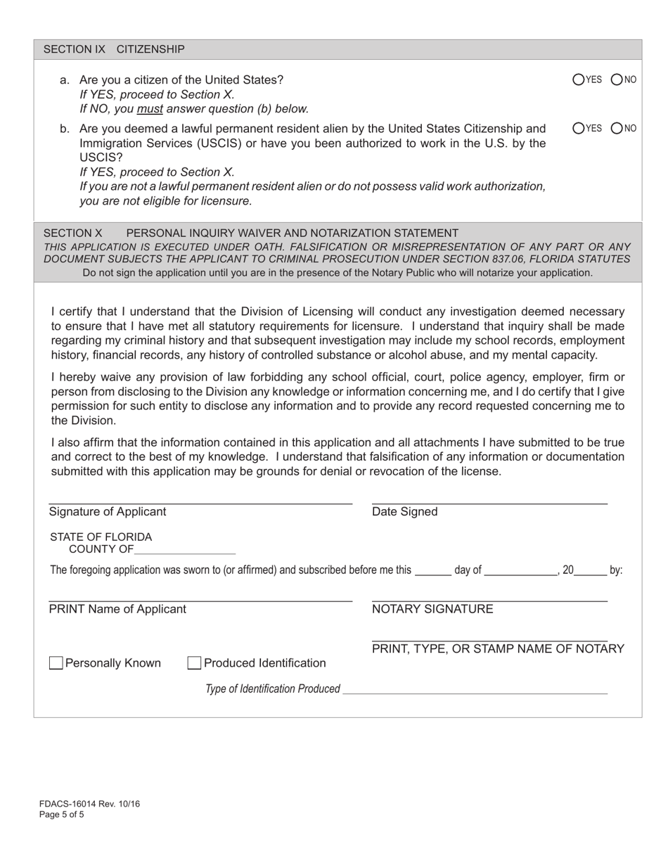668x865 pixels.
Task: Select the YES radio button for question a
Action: pos(579,79)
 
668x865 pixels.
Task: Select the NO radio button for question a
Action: pos(617,79)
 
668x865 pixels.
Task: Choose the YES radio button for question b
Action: pos(579,128)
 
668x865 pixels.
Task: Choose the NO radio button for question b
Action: pos(617,128)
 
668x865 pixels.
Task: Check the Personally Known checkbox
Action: pos(56,663)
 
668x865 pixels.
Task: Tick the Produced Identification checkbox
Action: pos(194,663)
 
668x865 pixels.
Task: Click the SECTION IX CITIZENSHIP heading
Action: pos(114,49)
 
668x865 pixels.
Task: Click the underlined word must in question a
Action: pos(150,109)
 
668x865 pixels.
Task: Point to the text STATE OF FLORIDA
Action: pos(101,537)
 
